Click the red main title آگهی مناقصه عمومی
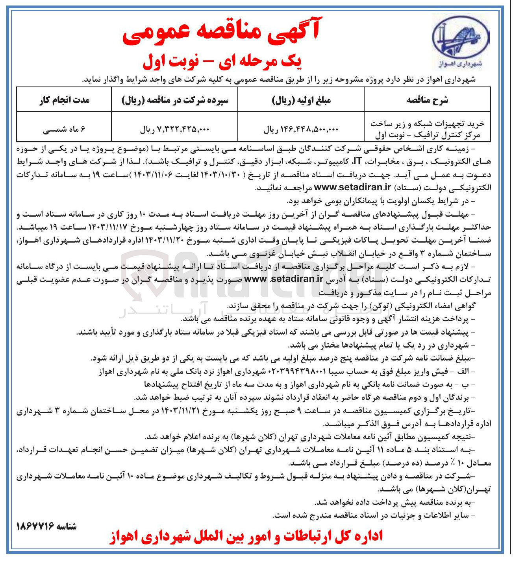pos(221,31)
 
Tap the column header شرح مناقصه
pos(427,100)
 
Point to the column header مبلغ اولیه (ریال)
pos(301,100)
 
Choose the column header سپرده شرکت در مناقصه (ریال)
pos(175,100)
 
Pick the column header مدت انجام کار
pos(64,100)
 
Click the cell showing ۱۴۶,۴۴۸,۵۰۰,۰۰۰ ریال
pos(301,129)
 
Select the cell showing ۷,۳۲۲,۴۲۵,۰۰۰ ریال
pos(175,129)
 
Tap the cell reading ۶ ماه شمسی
pos(64,129)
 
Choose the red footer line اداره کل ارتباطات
pos(246,537)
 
